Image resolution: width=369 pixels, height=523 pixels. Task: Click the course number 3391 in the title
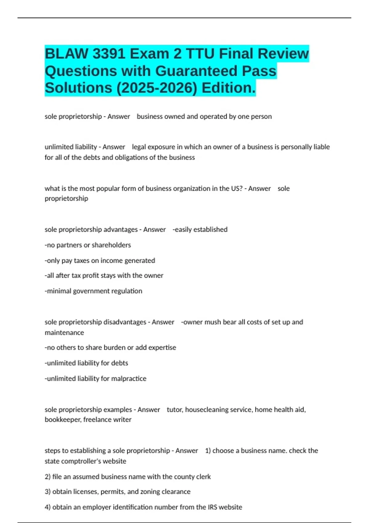point(109,54)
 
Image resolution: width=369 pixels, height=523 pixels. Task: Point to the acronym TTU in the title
point(200,54)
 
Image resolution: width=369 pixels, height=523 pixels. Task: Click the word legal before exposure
point(139,147)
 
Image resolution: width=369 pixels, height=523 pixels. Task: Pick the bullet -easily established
point(200,230)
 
